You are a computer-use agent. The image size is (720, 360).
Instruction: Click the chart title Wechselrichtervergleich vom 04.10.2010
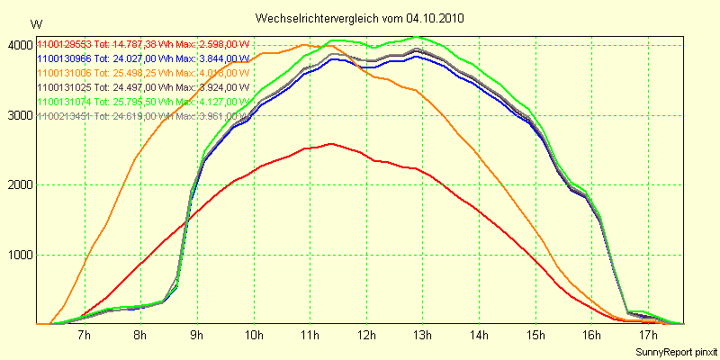tap(359, 17)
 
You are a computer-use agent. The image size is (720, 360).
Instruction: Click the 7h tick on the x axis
tap(84, 336)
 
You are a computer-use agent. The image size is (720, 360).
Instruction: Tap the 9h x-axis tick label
tap(197, 336)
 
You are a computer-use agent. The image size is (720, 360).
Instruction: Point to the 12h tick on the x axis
tap(366, 336)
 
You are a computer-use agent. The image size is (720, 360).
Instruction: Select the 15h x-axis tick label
tap(535, 336)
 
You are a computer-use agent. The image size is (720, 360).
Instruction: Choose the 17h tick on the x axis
tap(649, 336)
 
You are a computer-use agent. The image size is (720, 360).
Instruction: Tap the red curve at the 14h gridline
tap(479, 211)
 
